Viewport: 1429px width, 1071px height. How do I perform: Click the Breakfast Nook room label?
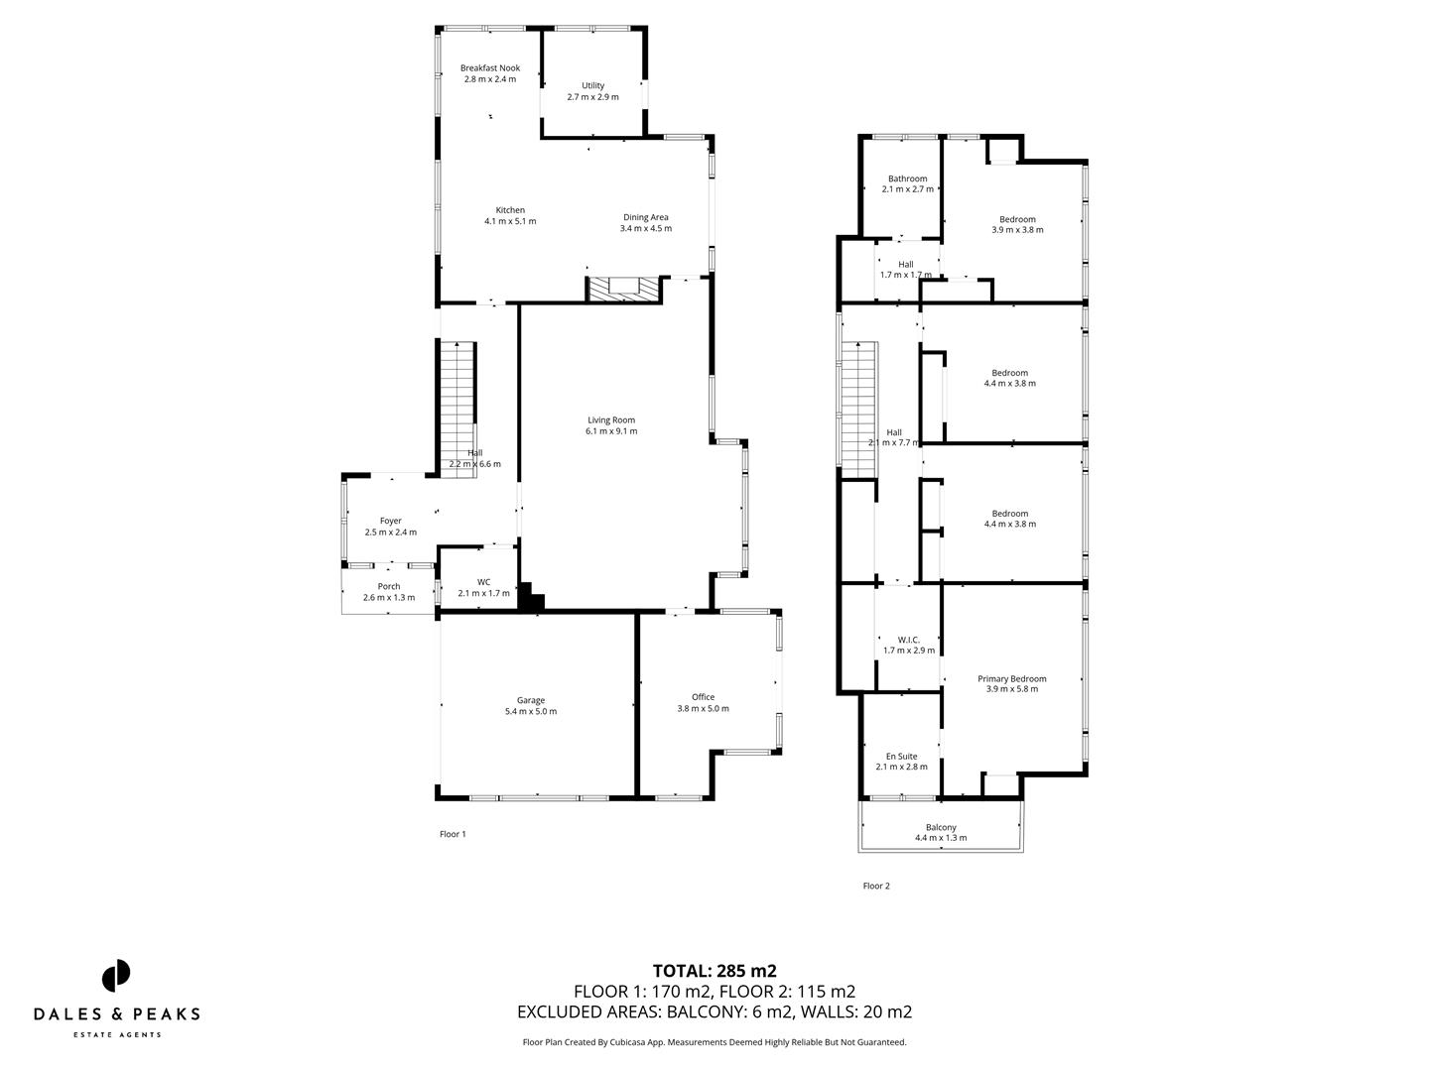coord(489,68)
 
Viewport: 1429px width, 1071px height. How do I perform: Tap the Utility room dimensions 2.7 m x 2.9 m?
coord(592,97)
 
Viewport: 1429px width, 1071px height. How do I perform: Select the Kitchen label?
coord(510,210)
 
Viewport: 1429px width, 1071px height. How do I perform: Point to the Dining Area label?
coord(645,217)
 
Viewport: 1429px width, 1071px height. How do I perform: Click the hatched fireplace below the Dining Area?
coord(623,289)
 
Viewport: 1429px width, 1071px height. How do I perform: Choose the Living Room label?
coord(610,419)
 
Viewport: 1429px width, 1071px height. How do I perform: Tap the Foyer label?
coord(390,521)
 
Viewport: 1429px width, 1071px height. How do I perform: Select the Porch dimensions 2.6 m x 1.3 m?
coord(388,598)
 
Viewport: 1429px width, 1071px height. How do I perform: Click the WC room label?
coord(483,582)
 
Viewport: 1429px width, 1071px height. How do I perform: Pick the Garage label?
coord(530,700)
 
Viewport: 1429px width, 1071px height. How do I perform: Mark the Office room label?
coord(703,697)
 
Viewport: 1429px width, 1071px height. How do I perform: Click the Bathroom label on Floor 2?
coord(907,178)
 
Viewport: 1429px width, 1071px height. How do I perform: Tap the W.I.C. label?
coord(908,640)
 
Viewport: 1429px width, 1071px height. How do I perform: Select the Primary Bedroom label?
coord(1011,679)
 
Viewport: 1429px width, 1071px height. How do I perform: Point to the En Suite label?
coord(901,756)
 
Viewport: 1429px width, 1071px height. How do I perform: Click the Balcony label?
coord(941,827)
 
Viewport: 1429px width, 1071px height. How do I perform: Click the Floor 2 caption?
coord(876,887)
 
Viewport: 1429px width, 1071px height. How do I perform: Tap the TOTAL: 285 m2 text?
coord(714,971)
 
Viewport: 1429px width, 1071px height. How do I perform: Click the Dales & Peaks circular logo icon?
coord(116,975)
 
